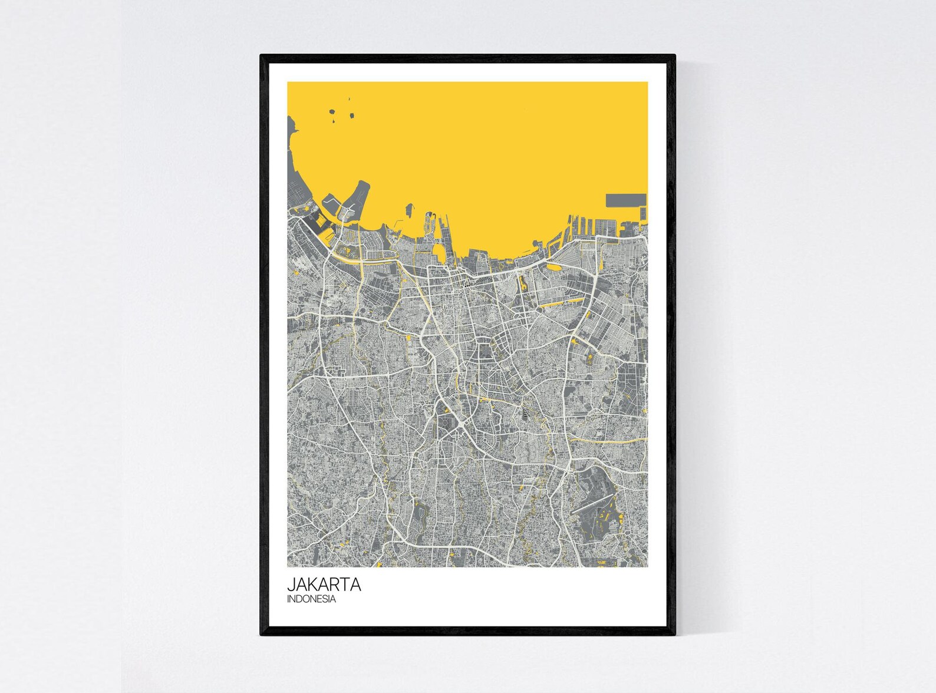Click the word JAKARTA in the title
[324, 585]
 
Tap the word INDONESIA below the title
[311, 599]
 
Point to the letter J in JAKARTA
[291, 585]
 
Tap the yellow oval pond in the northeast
[555, 266]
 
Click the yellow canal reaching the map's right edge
[619, 440]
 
